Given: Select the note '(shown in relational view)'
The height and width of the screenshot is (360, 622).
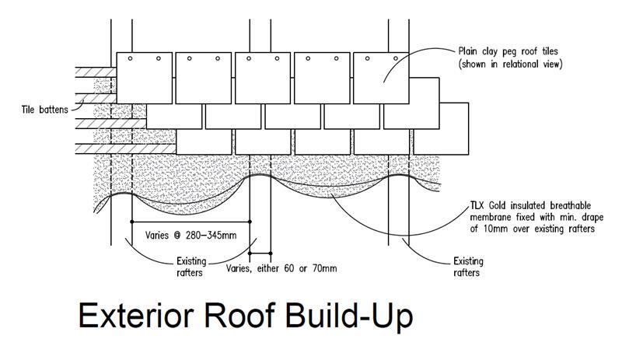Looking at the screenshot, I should tap(509, 64).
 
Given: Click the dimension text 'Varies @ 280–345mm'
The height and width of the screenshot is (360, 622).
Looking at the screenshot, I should tap(185, 234).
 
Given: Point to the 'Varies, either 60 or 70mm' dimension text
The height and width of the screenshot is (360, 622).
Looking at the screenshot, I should tap(281, 269).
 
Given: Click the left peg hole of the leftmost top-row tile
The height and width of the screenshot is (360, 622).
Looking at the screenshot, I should tap(131, 58).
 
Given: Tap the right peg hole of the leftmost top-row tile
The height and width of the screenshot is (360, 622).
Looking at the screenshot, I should tap(159, 58).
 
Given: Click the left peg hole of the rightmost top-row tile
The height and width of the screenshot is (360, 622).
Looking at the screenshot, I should tap(368, 58).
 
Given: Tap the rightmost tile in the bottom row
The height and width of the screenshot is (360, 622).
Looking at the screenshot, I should tap(442, 140).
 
